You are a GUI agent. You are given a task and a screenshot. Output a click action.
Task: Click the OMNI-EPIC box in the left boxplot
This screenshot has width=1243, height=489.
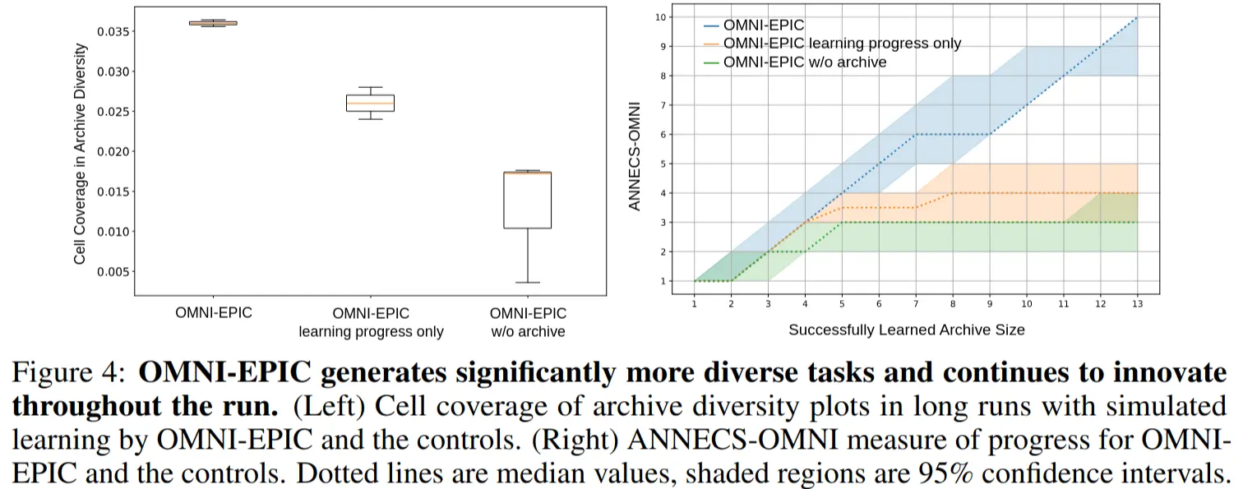point(213,23)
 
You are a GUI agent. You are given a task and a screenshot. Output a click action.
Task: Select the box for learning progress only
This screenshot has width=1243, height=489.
point(370,103)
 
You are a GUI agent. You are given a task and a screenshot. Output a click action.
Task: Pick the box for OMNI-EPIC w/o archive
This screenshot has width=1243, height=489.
point(527,200)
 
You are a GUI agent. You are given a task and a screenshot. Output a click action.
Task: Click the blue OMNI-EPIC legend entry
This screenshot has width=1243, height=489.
point(763,25)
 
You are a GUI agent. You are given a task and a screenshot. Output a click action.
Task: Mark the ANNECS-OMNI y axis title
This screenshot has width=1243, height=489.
point(635,154)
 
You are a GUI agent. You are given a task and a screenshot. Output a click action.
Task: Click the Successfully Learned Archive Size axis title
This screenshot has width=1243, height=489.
point(906,330)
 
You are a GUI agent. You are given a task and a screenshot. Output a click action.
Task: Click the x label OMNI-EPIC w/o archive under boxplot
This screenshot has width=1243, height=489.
point(527,322)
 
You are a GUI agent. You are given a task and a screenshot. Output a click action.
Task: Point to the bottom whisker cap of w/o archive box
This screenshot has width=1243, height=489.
point(527,283)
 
